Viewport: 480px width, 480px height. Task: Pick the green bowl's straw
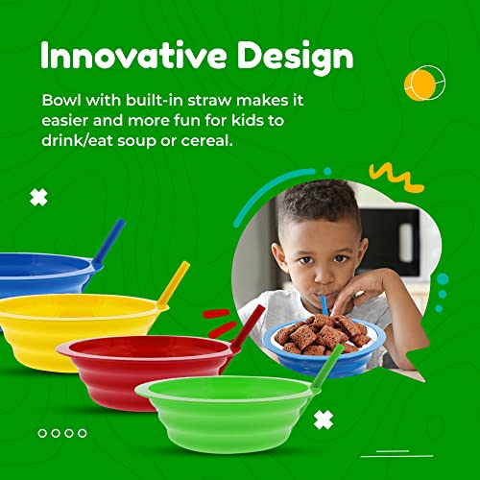327,367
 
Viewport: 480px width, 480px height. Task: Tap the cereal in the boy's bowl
322,332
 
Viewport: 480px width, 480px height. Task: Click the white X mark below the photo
324,420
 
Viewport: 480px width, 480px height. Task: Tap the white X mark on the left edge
38,198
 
